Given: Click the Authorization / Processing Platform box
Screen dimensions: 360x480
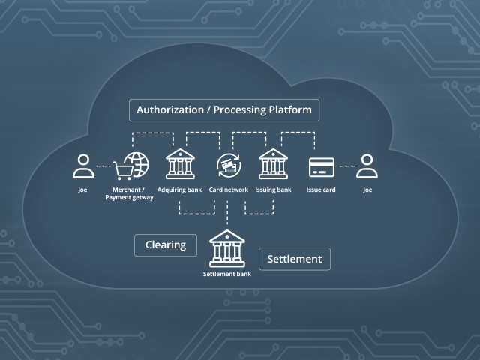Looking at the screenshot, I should (x=224, y=109).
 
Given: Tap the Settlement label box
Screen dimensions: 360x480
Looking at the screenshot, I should (x=295, y=259).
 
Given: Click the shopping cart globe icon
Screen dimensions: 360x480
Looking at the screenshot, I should (x=131, y=166).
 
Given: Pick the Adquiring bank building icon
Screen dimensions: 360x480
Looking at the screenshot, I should (x=179, y=165).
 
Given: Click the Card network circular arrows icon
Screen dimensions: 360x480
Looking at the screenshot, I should (x=227, y=166).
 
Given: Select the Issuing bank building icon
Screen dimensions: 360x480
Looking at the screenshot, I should (x=273, y=165).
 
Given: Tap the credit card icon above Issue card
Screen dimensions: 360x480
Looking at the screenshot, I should (x=321, y=166).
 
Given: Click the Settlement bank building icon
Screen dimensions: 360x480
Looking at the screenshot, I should (x=226, y=248).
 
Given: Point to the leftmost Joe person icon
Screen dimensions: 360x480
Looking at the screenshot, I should (x=82, y=166).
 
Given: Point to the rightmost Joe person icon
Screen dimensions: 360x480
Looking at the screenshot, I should (x=367, y=166).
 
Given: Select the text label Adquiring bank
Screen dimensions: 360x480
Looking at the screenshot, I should (x=179, y=190).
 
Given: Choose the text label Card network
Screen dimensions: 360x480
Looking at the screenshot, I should (x=227, y=190).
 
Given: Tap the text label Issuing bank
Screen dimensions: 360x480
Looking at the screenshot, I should (x=273, y=190).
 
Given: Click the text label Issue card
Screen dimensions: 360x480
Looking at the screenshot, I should (x=321, y=190).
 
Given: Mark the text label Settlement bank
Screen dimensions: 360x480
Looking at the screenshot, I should (x=226, y=274).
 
